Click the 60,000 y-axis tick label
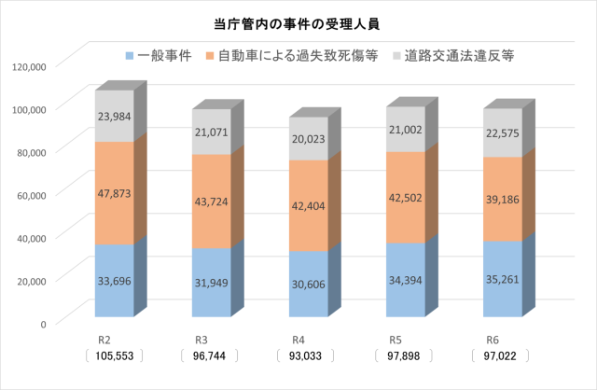tap(30, 194)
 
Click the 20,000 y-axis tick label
tap(30, 280)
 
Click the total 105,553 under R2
tap(114, 357)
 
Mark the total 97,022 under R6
tap(498, 357)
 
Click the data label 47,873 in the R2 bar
tap(114, 193)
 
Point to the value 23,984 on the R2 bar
tap(114, 116)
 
